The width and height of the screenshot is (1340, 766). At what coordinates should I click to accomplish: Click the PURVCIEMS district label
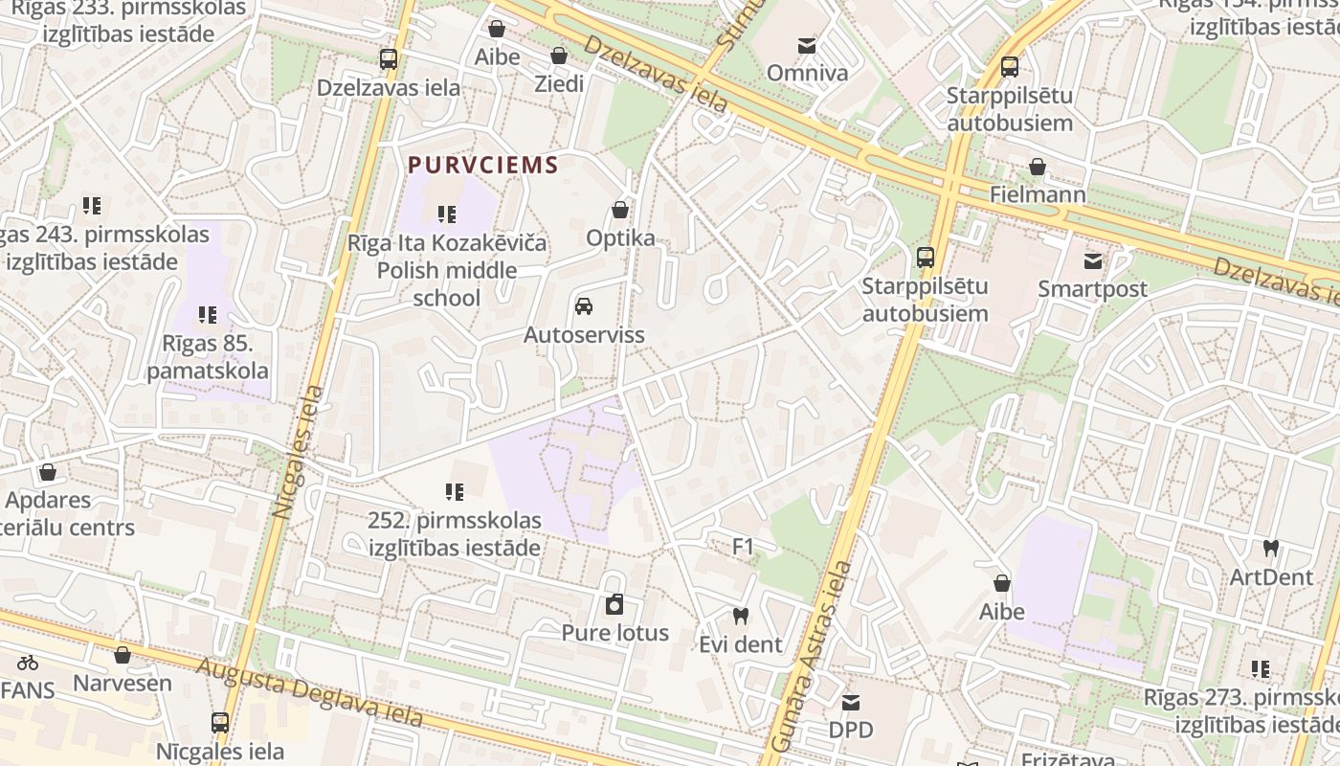[482, 165]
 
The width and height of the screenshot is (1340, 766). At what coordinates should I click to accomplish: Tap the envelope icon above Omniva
[807, 45]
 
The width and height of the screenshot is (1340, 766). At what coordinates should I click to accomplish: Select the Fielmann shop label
[1038, 195]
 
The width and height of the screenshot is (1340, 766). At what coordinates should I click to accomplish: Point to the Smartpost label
[1092, 289]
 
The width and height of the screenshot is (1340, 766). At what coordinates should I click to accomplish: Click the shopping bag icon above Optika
[620, 210]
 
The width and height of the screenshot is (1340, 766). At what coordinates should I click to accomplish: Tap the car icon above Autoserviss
[583, 306]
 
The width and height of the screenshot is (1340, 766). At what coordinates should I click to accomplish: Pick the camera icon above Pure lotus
[614, 604]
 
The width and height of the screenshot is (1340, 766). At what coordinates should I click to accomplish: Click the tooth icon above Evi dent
[740, 616]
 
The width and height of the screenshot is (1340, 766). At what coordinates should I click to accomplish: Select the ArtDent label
[1271, 577]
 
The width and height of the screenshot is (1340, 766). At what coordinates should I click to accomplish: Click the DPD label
[851, 731]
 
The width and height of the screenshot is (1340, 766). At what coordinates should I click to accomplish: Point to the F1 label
[744, 547]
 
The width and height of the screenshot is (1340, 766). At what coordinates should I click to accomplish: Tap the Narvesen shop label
[123, 684]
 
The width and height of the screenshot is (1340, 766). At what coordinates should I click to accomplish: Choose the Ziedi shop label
[559, 84]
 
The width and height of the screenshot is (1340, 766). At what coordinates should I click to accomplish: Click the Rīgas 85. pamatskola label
[208, 357]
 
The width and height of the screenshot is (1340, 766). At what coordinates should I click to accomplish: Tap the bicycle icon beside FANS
[28, 662]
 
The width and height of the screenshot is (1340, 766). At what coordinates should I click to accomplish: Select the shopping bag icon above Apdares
[48, 472]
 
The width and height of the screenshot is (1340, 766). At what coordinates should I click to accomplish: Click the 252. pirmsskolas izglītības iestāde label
[455, 534]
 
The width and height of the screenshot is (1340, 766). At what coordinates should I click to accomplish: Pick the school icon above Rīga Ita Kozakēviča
[447, 214]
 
